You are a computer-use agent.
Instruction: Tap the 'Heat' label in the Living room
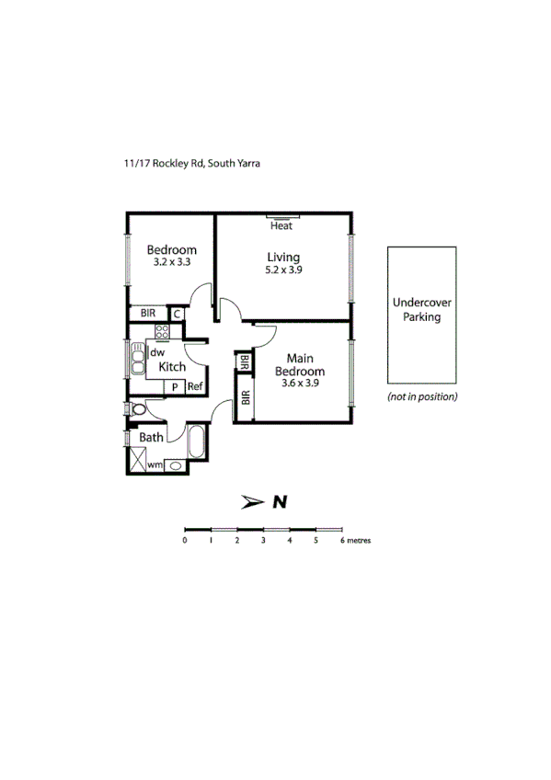click(x=281, y=225)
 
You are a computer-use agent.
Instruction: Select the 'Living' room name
click(x=283, y=257)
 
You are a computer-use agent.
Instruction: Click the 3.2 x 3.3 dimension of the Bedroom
click(x=172, y=262)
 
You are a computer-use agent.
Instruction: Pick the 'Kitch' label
click(x=171, y=366)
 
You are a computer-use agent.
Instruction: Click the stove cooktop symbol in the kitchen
click(x=162, y=332)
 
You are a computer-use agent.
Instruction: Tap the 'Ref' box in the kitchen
click(x=195, y=387)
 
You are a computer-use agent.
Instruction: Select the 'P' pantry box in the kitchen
click(x=174, y=387)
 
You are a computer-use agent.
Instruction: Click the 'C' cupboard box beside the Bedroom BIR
click(x=177, y=314)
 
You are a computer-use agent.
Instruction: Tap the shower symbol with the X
click(x=136, y=465)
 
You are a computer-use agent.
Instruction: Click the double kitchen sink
click(x=137, y=360)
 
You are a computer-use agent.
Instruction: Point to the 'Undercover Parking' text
click(x=421, y=309)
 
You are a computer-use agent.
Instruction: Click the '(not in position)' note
click(x=422, y=397)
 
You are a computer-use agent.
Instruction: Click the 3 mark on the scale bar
click(x=263, y=541)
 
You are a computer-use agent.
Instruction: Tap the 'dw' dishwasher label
click(x=157, y=351)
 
